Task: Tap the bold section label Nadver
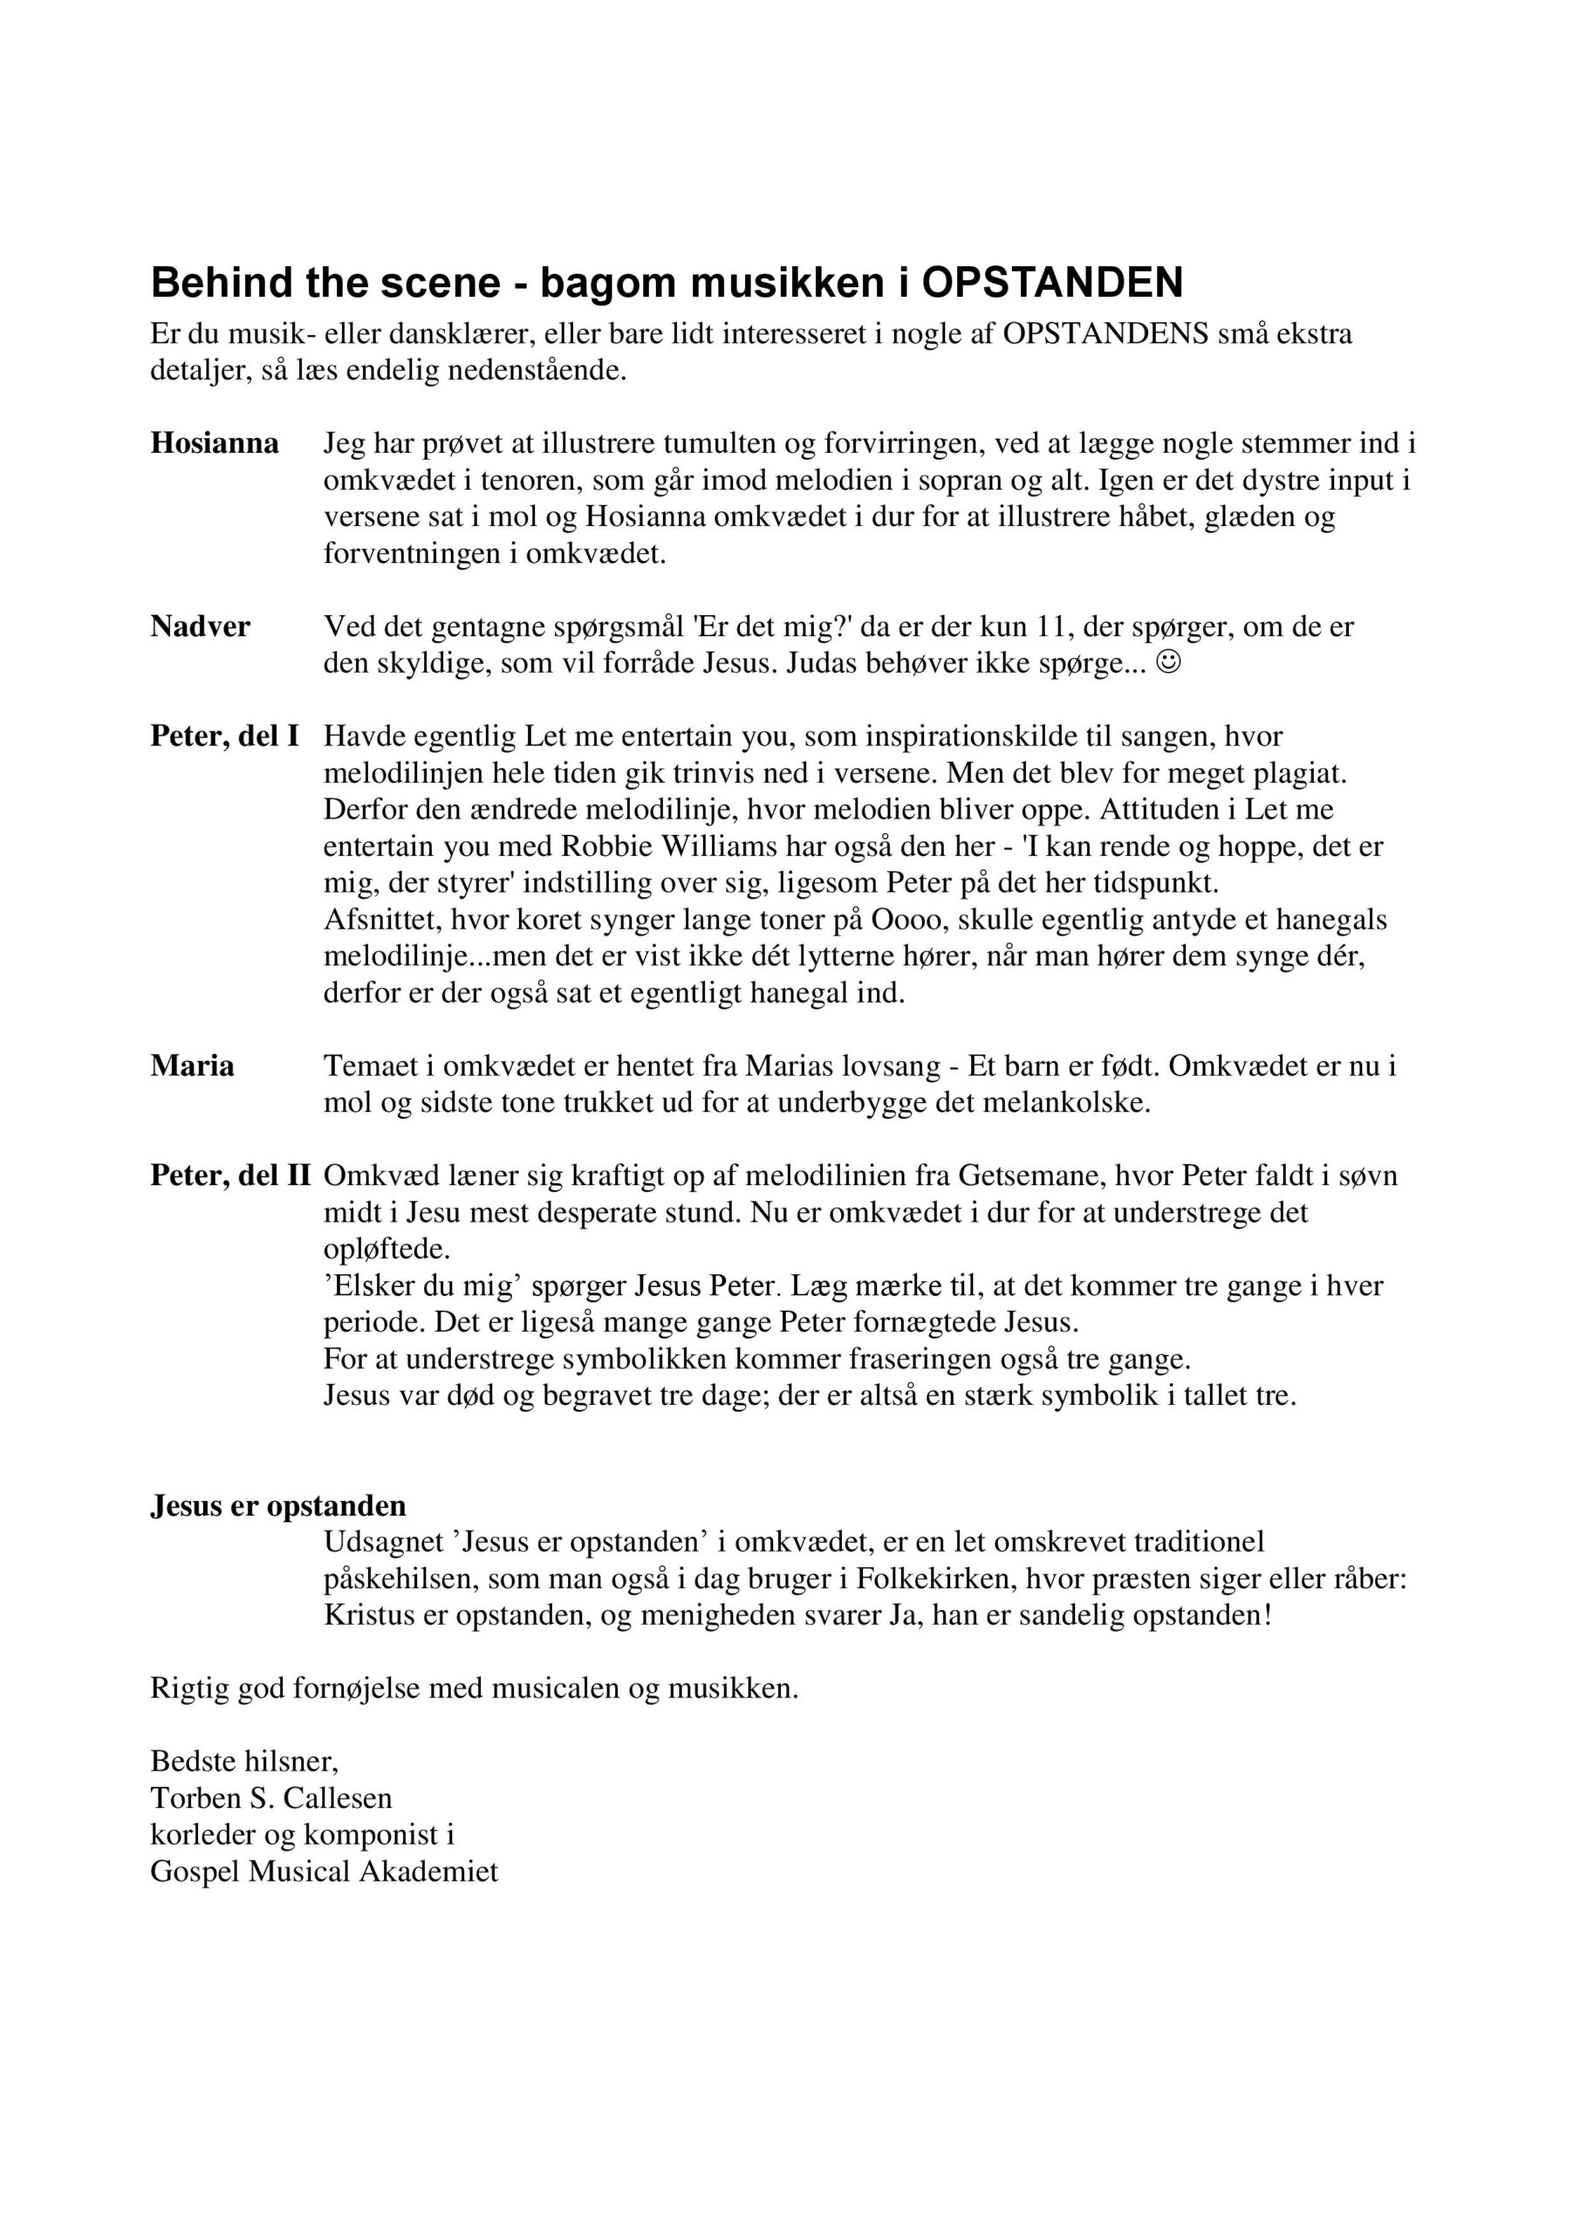tap(200, 627)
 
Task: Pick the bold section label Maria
tap(192, 1067)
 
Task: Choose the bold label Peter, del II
tap(229, 1176)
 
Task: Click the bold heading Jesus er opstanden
tap(278, 1506)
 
